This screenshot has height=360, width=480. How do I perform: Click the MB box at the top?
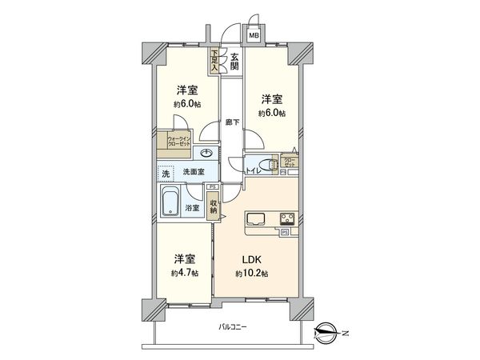tap(254, 35)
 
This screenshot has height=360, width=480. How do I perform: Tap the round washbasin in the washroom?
tap(207, 154)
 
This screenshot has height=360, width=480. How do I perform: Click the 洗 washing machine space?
tap(164, 173)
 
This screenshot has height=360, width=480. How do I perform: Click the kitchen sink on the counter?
tap(258, 218)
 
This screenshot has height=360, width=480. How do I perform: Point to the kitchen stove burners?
tap(286, 218)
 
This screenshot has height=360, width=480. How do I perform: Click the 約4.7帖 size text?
tap(185, 274)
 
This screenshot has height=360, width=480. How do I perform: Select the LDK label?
tap(250, 260)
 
